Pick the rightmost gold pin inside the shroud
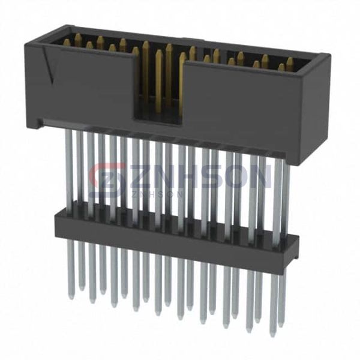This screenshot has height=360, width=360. (290, 64)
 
